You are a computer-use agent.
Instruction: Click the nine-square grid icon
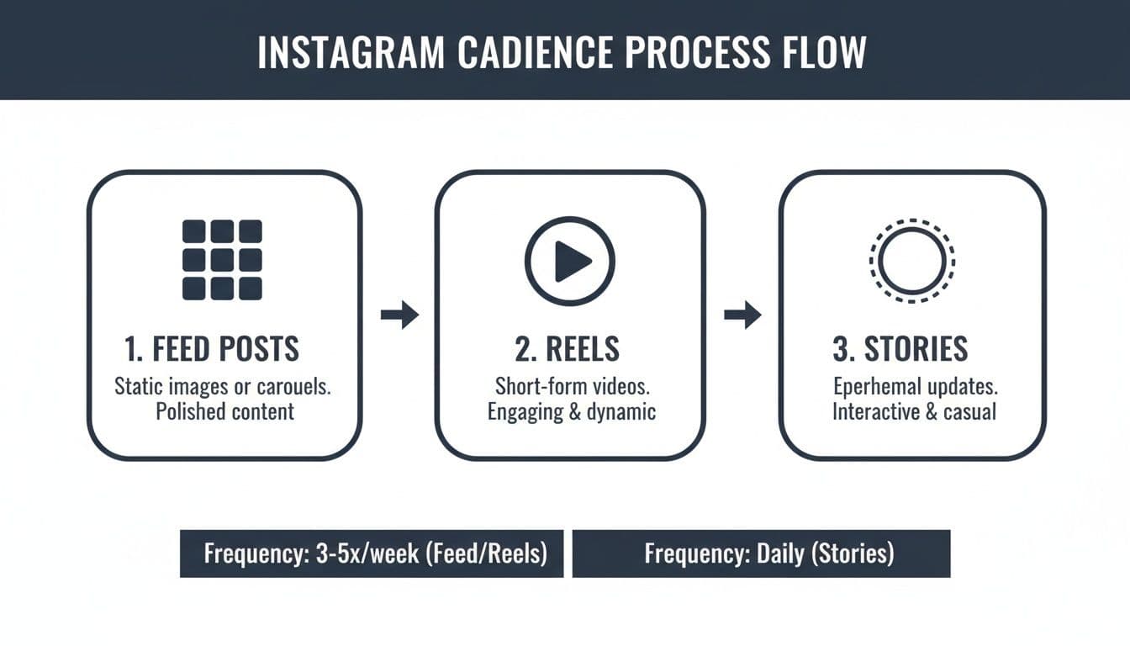[x=222, y=260]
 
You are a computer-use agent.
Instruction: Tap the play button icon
[x=570, y=261]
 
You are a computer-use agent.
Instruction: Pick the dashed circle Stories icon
[x=912, y=261]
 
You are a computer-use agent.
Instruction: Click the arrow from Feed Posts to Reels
[x=399, y=315]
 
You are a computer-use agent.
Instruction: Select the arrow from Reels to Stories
[x=742, y=315]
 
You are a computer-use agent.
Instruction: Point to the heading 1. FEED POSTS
[x=212, y=349]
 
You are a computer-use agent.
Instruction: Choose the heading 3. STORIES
[x=900, y=349]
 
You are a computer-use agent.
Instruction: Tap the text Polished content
[x=225, y=411]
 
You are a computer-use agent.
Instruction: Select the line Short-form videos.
[x=571, y=387]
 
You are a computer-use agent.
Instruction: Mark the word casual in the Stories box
[x=968, y=411]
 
